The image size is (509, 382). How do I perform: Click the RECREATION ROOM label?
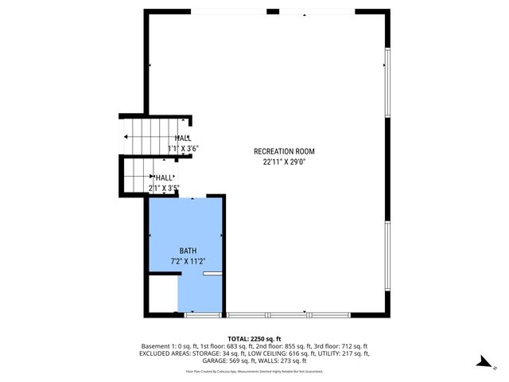coord(284,151)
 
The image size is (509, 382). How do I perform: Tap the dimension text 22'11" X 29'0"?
coord(284,162)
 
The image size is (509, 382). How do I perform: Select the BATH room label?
coord(188,250)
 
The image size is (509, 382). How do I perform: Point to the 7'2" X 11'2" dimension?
coord(188,260)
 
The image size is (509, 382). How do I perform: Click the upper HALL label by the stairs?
coord(182,138)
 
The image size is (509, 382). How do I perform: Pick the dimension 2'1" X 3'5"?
coord(164,189)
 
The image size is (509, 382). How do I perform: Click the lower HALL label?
coord(165,178)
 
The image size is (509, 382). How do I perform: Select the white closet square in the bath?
coord(163,294)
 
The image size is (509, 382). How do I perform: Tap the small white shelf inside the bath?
coord(213,274)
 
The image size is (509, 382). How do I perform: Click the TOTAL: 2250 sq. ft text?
coord(254,338)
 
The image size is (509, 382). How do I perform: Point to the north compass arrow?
coord(483,362)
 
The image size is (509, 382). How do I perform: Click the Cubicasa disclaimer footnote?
coord(254,371)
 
